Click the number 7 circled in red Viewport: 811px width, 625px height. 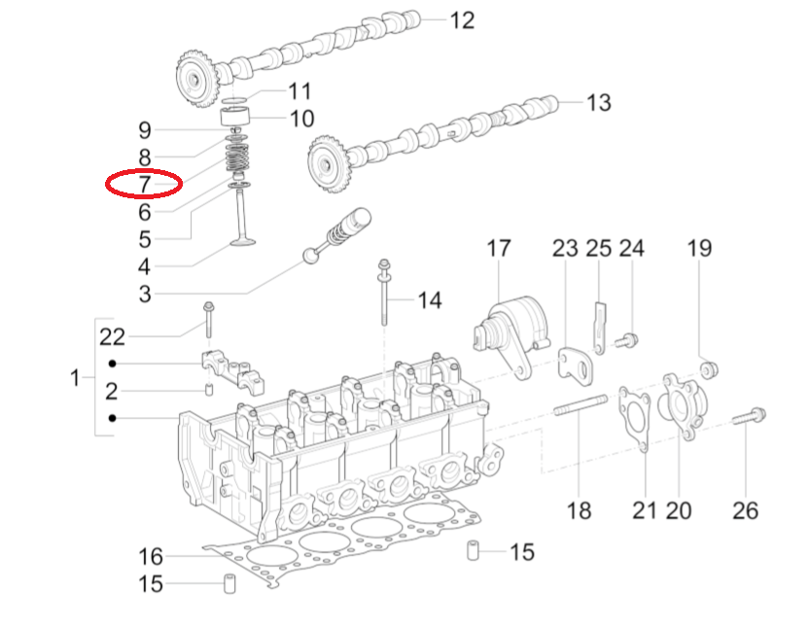144,183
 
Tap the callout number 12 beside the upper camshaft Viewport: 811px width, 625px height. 462,19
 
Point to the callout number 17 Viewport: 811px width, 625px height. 499,249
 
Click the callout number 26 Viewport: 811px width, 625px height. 745,509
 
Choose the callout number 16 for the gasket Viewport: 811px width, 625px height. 151,557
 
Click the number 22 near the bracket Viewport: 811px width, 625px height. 113,337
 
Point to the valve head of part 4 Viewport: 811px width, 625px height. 242,240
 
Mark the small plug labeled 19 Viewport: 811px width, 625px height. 707,368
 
